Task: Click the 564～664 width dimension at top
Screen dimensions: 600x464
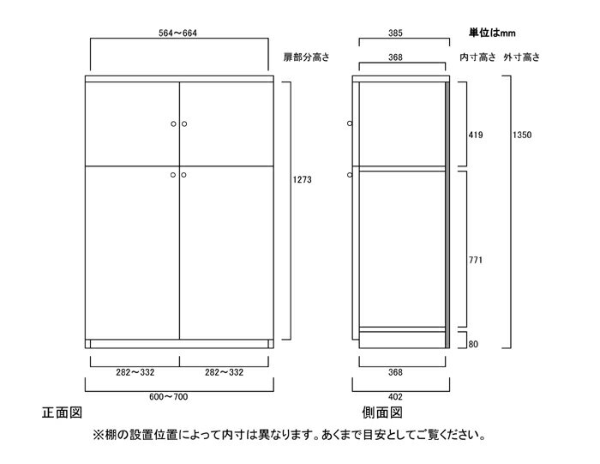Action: [x=177, y=33]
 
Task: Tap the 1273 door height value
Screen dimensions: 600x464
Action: [x=303, y=179]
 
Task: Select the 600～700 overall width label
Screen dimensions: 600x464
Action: [x=168, y=396]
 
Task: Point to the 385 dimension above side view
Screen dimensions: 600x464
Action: [x=395, y=33]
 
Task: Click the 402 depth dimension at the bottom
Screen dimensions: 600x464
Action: [x=395, y=396]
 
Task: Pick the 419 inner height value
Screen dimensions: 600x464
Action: [x=476, y=135]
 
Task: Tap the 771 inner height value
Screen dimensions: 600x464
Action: [x=475, y=260]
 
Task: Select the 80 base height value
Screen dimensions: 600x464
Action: [x=473, y=344]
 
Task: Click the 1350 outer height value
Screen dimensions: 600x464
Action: [x=522, y=135]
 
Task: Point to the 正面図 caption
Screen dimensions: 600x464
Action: [x=62, y=413]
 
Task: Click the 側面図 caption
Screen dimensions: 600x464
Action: [x=382, y=413]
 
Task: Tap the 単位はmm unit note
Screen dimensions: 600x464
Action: [x=492, y=33]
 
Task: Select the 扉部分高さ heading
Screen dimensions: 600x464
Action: [x=306, y=57]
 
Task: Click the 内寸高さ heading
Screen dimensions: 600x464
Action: [x=477, y=57]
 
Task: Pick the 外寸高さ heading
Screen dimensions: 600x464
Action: [x=521, y=57]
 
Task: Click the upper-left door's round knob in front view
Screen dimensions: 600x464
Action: [x=173, y=124]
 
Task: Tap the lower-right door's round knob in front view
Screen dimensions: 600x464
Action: [x=184, y=175]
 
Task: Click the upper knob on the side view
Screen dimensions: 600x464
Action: [x=350, y=124]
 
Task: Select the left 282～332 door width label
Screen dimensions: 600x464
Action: [x=135, y=372]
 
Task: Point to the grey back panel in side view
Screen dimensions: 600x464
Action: [x=447, y=214]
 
